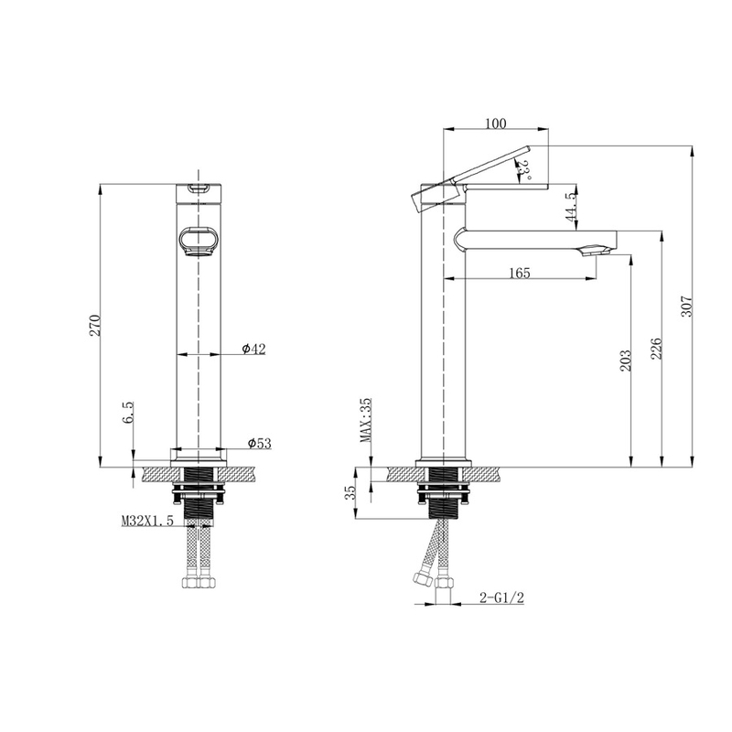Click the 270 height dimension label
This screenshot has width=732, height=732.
click(x=95, y=326)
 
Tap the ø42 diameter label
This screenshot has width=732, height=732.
click(x=253, y=349)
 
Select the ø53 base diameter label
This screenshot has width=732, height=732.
click(x=259, y=443)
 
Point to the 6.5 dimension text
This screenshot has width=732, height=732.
click(x=128, y=413)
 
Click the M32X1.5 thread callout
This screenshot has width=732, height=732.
click(x=147, y=521)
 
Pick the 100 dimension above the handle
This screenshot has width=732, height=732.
click(x=495, y=124)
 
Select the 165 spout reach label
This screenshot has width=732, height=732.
click(x=520, y=273)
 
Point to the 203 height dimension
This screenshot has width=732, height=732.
click(x=626, y=361)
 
